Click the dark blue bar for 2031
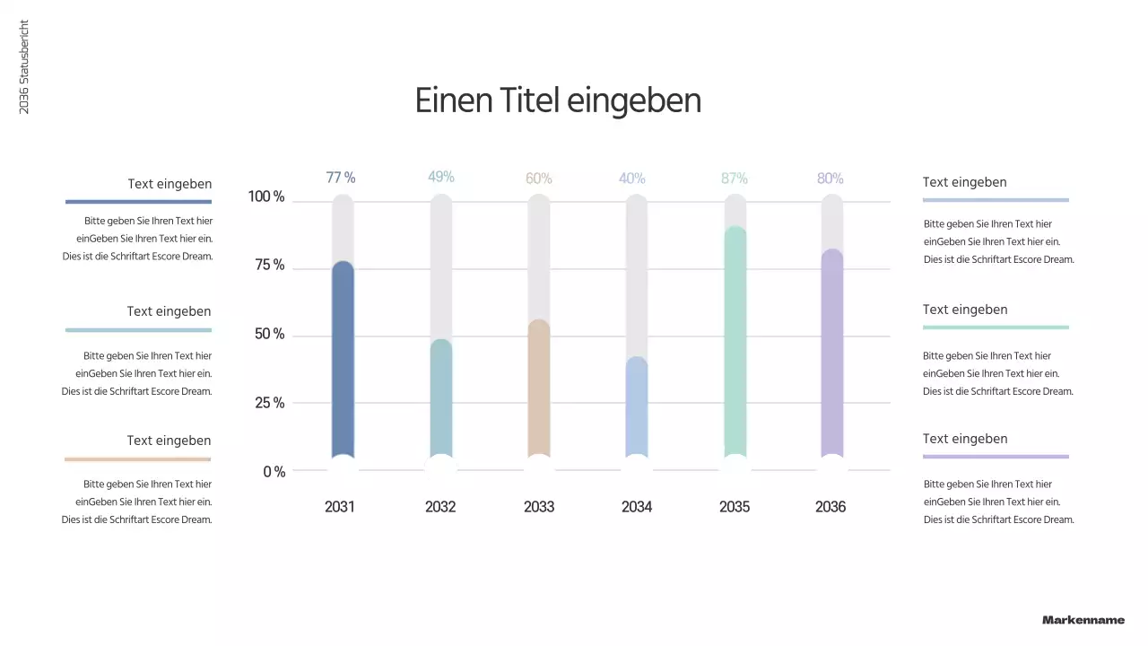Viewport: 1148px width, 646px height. pyautogui.click(x=343, y=359)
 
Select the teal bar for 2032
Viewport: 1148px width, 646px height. pyautogui.click(x=441, y=399)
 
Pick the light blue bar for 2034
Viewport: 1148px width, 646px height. pyautogui.click(x=637, y=408)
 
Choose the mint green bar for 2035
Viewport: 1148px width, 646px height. pyautogui.click(x=735, y=341)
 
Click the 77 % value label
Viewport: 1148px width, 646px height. pyautogui.click(x=341, y=178)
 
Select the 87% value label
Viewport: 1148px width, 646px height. pyautogui.click(x=735, y=179)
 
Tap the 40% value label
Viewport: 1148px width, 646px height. pyautogui.click(x=632, y=179)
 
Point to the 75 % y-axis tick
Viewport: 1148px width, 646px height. pyautogui.click(x=266, y=266)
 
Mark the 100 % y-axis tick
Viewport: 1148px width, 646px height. pyautogui.click(x=266, y=196)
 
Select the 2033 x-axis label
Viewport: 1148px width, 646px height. pyautogui.click(x=539, y=507)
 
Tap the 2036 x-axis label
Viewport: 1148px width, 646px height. pyautogui.click(x=831, y=507)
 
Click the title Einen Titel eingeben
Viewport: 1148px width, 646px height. pyautogui.click(x=558, y=100)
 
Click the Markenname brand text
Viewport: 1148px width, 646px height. pyautogui.click(x=1083, y=620)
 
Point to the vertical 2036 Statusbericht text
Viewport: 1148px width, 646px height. pyautogui.click(x=24, y=67)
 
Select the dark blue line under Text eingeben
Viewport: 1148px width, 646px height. pyautogui.click(x=138, y=202)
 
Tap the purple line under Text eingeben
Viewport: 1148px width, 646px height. pyautogui.click(x=996, y=457)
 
